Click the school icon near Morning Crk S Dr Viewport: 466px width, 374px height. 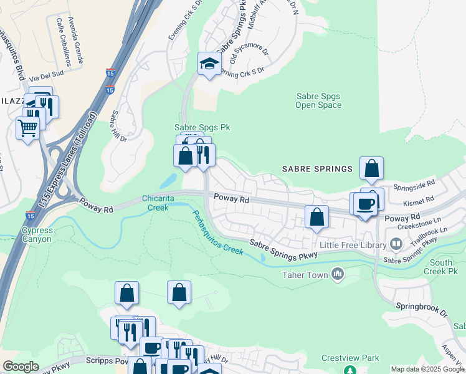click(x=209, y=64)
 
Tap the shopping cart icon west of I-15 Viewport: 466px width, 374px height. click(x=27, y=128)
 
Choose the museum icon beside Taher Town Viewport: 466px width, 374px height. click(x=338, y=273)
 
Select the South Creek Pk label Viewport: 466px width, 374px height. click(x=442, y=267)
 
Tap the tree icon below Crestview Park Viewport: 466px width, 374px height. click(x=350, y=370)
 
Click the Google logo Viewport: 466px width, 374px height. click(x=21, y=367)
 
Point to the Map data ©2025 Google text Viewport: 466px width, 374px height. click(x=427, y=369)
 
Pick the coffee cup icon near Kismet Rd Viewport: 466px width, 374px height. click(x=365, y=204)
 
